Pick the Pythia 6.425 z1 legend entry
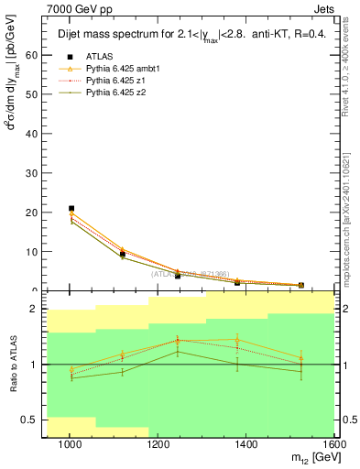coord(111,81)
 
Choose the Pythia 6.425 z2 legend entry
coord(111,93)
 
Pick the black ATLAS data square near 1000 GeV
coord(71,209)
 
